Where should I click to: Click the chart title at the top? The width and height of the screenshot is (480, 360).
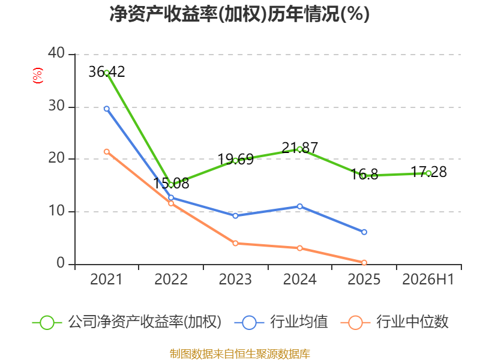[239, 14]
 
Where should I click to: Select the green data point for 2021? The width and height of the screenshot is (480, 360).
[107, 73]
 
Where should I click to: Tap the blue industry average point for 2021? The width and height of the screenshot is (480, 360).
[107, 109]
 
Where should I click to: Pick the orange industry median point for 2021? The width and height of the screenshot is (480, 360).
[107, 152]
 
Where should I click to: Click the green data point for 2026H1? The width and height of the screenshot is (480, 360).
[428, 173]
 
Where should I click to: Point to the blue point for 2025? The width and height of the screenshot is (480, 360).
[364, 232]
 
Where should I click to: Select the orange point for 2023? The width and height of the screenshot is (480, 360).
[235, 243]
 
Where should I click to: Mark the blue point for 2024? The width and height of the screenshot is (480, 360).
[299, 206]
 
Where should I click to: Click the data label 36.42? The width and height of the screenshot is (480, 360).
[107, 72]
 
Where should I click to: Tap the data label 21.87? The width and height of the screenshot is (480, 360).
[299, 148]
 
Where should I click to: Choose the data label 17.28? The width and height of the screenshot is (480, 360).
[428, 172]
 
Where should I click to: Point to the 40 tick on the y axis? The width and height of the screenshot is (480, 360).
[56, 53]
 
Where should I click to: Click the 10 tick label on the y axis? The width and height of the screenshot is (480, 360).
[56, 211]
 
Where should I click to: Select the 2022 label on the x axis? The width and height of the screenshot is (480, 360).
[171, 279]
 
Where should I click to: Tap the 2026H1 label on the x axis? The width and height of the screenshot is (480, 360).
[428, 279]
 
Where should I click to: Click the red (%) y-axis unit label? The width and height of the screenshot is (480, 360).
[38, 76]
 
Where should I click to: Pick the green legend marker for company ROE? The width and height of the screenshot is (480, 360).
[47, 323]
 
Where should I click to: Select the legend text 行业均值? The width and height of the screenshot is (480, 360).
[299, 322]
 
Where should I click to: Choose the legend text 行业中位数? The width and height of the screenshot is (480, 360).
[412, 322]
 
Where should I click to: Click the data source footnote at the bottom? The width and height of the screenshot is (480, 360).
[240, 354]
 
